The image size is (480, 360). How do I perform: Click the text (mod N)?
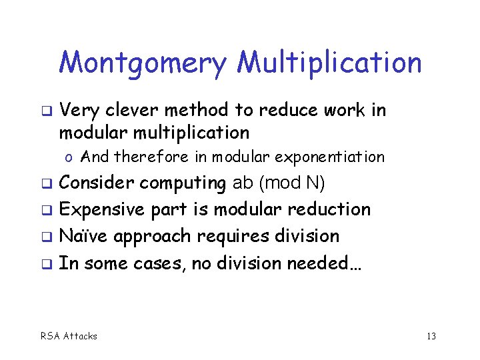click(x=292, y=183)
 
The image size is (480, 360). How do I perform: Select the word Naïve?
click(x=82, y=236)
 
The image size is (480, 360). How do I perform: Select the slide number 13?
click(x=431, y=336)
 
